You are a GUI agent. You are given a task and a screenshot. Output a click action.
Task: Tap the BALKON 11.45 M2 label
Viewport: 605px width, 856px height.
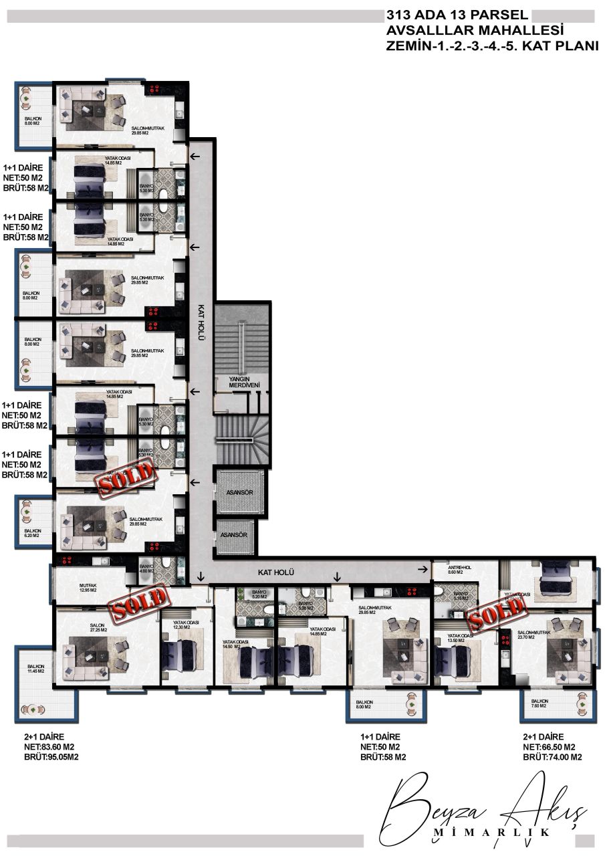point(35,669)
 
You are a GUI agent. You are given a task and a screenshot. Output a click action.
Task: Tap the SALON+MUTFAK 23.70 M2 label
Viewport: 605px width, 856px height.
point(533,635)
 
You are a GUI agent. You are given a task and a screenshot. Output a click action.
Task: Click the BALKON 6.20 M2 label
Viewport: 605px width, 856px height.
point(31,533)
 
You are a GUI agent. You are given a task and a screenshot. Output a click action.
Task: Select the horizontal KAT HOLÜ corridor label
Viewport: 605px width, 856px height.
point(276,573)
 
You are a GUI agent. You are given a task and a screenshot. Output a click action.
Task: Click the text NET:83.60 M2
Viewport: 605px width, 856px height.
point(49,747)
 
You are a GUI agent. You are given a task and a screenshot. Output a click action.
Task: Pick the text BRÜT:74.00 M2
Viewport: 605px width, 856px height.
point(552,757)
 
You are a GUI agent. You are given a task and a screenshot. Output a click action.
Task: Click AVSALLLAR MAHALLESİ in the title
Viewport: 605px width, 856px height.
point(475,30)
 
